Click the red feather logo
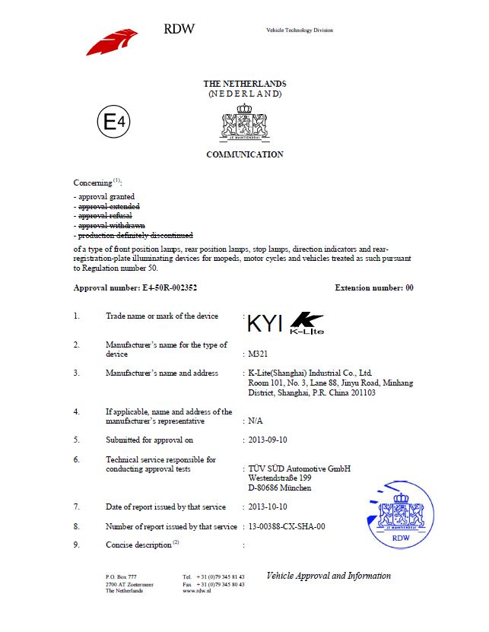(112, 41)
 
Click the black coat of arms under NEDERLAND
(244, 122)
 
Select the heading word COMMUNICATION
(245, 154)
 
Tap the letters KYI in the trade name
(265, 325)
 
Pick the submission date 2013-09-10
(268, 440)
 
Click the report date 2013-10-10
(268, 507)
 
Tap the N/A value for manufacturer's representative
(256, 421)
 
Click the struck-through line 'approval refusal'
(105, 216)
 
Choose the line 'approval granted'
(106, 196)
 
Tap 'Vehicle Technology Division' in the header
(300, 30)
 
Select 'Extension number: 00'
(374, 288)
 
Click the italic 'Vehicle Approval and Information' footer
(329, 576)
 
